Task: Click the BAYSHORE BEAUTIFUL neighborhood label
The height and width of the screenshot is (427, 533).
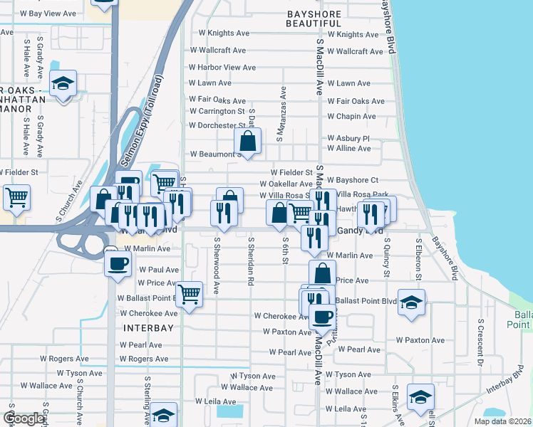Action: (x=320, y=19)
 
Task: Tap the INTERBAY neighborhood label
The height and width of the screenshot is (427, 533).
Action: (x=148, y=328)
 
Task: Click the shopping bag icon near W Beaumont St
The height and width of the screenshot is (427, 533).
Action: (x=247, y=142)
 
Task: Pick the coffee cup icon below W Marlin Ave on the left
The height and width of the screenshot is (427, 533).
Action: (x=118, y=263)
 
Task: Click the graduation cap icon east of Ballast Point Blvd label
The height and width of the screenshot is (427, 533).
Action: (x=411, y=302)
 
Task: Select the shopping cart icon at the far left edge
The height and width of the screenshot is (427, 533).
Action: (x=16, y=197)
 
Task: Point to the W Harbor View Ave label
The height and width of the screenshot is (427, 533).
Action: (x=222, y=68)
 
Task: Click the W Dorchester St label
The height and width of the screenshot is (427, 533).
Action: (x=217, y=125)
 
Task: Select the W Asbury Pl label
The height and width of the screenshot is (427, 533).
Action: (x=348, y=138)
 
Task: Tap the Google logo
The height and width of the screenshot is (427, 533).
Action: (x=24, y=418)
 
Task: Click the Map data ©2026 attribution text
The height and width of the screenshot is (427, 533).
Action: (x=502, y=421)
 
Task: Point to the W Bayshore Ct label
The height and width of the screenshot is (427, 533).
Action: (x=353, y=181)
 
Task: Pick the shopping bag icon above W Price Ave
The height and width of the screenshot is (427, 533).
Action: (x=322, y=273)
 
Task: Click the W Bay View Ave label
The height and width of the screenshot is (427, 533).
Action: (x=48, y=14)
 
